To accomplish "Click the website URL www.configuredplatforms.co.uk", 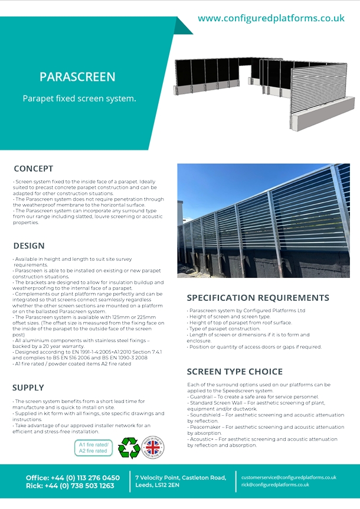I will tap(271, 18).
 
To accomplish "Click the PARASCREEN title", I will tap(77, 77).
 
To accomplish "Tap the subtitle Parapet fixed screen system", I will tap(79, 98).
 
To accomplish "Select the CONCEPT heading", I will tap(34, 169).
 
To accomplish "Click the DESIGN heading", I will tap(29, 246).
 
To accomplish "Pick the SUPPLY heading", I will tap(28, 388).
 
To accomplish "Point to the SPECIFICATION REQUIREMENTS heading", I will tap(258, 297).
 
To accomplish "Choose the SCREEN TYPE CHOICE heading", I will tap(235, 372).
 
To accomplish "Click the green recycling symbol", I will tap(129, 447).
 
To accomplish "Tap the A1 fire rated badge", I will tap(93, 447).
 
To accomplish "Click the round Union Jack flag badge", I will tap(153, 447).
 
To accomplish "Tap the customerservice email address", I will tap(289, 477).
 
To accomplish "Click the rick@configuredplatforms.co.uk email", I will tap(275, 485).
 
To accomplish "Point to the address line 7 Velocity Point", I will tap(181, 477).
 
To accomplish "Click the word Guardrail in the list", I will tap(202, 396).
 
